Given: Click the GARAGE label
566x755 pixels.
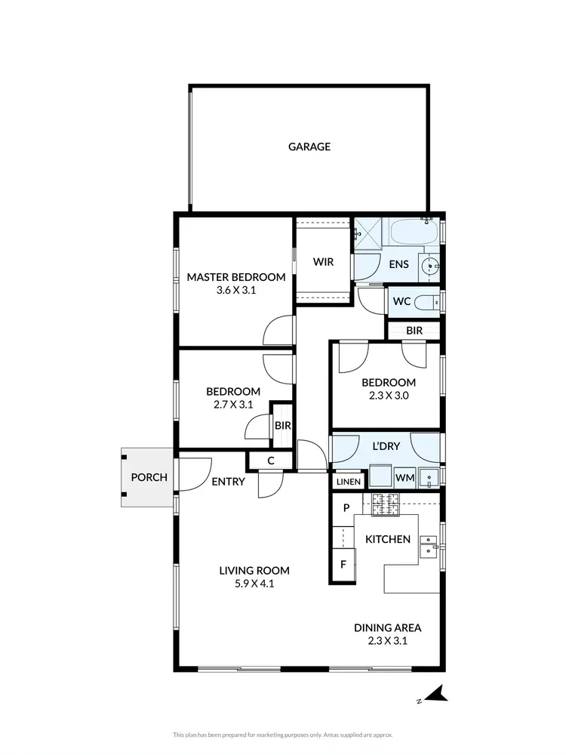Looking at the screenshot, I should [x=309, y=146].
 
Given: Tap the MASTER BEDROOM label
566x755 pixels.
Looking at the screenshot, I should [x=236, y=277].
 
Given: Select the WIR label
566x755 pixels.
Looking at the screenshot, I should [x=323, y=262].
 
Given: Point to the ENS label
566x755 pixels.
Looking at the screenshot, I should [x=398, y=264].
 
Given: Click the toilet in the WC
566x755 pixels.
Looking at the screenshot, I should [x=425, y=302].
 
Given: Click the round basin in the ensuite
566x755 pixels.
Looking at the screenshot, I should [x=429, y=266].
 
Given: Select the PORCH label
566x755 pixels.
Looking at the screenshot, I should [x=149, y=477].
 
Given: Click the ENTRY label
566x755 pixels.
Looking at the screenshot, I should [x=228, y=481].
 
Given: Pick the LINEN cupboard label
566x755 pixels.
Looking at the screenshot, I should [x=348, y=481].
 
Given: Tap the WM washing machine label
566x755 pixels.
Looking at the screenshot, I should [x=405, y=477].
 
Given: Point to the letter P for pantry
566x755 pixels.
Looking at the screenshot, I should [x=346, y=508].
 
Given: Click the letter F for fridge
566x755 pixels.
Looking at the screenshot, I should [x=343, y=563].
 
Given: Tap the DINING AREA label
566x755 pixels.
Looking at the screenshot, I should [x=388, y=627].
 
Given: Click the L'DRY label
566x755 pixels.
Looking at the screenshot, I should [x=386, y=446].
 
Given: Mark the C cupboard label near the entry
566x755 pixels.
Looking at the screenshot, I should [x=270, y=461].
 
